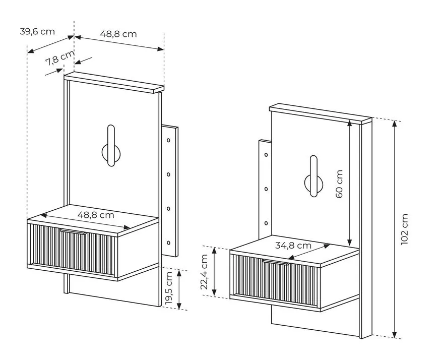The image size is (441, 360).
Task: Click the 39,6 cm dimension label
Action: click(x=37, y=32)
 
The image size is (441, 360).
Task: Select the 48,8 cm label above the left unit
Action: click(x=118, y=34)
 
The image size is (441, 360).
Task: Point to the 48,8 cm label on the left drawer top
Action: click(x=96, y=215)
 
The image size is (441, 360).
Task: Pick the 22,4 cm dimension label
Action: click(x=204, y=271)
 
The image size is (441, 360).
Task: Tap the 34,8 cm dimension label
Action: click(x=293, y=246)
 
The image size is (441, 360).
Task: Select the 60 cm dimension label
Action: click(x=339, y=184)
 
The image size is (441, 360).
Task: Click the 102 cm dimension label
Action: click(x=404, y=229)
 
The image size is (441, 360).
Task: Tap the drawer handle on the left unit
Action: click(x=74, y=232)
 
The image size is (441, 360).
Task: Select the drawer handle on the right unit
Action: click(x=275, y=262)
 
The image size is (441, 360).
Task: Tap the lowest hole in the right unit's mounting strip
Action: click(x=265, y=222)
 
